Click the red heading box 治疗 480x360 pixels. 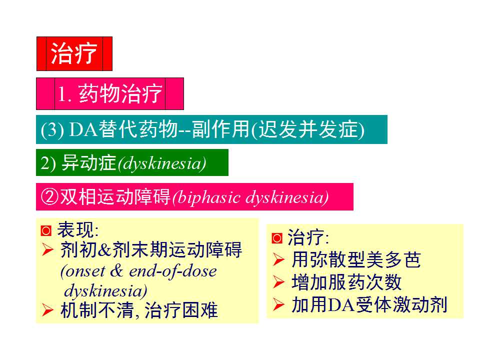(74, 54)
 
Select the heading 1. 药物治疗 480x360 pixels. (110, 93)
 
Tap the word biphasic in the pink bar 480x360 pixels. (208, 197)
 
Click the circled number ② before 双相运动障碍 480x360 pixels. (49, 196)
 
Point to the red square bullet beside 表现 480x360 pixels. (46, 230)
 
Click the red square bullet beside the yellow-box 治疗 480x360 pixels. (277, 238)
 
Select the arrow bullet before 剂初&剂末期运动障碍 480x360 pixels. (47, 250)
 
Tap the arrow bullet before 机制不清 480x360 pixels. (47, 310)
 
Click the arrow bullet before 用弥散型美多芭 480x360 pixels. (278, 259)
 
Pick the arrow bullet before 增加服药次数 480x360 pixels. (278, 282)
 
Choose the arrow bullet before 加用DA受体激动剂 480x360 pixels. (278, 304)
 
